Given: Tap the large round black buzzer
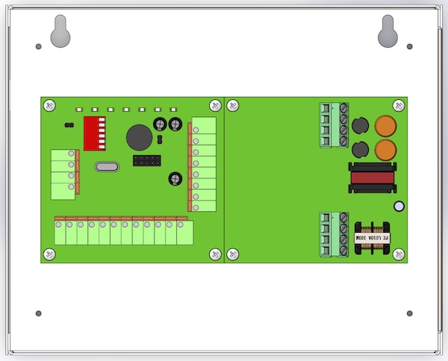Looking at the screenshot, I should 137,137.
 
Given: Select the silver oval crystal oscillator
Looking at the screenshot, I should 108,167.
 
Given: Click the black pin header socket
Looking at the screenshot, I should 147,160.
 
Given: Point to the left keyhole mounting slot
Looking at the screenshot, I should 60,31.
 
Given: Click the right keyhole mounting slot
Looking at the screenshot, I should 388,31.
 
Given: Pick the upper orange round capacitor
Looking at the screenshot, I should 385,127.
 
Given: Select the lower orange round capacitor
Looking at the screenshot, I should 385,150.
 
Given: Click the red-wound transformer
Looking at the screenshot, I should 371,178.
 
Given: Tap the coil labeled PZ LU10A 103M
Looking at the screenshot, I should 371,237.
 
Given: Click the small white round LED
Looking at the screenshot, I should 399,207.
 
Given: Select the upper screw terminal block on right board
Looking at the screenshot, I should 334,125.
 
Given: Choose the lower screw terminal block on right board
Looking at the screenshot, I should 334,235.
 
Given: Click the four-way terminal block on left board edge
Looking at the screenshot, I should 63,175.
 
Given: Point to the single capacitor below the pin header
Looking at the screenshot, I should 174,178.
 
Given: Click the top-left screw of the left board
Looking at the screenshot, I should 49,105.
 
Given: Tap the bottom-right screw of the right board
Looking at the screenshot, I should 398,254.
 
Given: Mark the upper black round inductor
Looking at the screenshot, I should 360,125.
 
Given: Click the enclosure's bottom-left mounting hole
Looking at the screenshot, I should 39,313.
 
